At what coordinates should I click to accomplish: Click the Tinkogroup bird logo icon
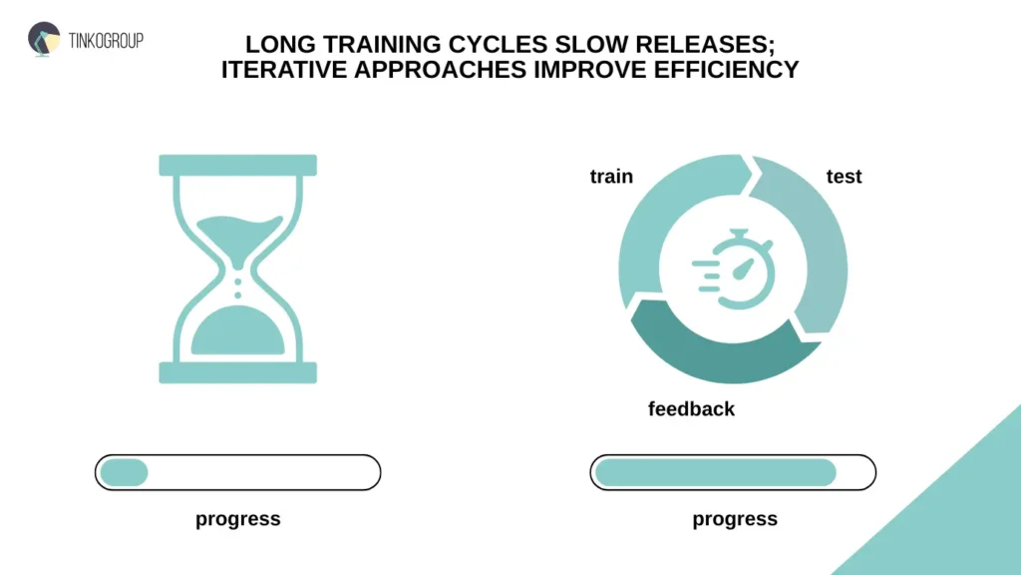pos(44,39)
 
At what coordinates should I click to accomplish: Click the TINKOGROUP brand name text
pos(107,40)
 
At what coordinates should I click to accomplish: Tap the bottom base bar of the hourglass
pos(237,373)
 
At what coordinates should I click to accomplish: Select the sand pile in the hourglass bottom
pos(237,334)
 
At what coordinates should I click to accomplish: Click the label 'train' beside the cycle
pos(611,177)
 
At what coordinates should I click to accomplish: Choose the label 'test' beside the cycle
pos(844,177)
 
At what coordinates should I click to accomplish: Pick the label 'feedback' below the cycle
pos(691,408)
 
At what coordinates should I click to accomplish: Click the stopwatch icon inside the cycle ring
pos(735,268)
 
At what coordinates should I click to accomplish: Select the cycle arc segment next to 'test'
pos(818,250)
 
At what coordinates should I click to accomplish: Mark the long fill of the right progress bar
pos(715,472)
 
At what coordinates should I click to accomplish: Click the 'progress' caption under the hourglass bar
pos(237,519)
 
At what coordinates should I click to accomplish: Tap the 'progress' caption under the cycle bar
pos(735,519)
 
